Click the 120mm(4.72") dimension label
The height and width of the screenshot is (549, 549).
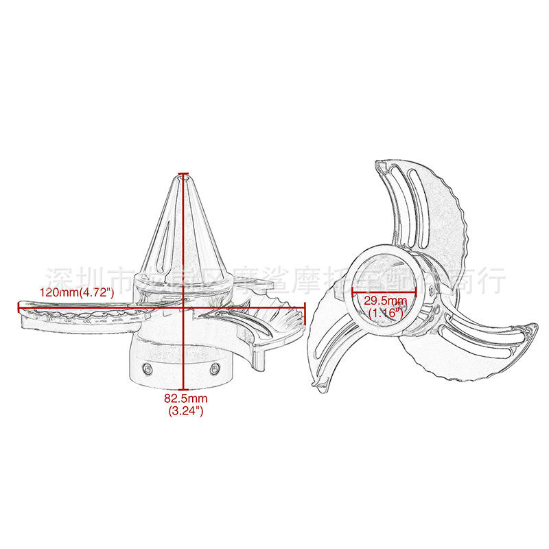[75, 293]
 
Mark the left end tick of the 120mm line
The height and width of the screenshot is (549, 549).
[19, 306]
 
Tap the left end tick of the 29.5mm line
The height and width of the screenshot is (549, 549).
[352, 291]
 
